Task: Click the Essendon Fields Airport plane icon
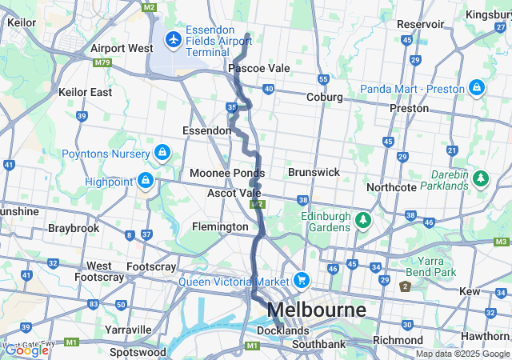[x=174, y=39]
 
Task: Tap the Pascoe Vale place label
[x=258, y=69]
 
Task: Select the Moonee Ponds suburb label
[x=227, y=173]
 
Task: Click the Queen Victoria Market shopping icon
[x=301, y=279]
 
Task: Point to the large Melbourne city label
[x=316, y=310]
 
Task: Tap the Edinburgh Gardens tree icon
[x=362, y=218]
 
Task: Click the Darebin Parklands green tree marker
[x=481, y=178]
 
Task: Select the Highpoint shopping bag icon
[x=145, y=182]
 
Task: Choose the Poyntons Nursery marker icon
[x=162, y=152]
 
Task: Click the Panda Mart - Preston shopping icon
[x=476, y=87]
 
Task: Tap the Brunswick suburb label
[x=314, y=172]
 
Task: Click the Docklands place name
[x=282, y=330]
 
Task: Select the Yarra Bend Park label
[x=437, y=266]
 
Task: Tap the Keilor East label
[x=85, y=92]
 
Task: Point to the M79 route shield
[x=102, y=62]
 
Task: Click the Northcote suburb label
[x=391, y=187]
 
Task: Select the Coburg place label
[x=324, y=97]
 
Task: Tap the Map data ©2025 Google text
[x=462, y=354]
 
